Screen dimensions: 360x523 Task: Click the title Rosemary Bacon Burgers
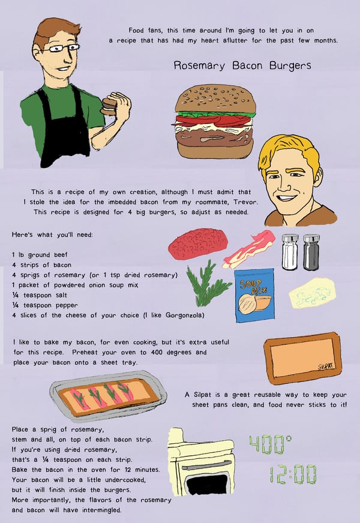[242, 65]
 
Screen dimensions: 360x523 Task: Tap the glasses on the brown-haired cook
[61, 49]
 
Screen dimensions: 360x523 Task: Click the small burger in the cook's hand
[109, 106]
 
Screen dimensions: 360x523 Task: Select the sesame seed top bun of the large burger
[215, 99]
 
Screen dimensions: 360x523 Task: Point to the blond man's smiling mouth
[286, 197]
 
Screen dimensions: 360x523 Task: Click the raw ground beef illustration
[198, 244]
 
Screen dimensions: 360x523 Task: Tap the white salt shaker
[290, 252]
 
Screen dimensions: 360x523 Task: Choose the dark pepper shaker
[311, 252]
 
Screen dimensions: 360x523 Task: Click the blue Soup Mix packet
[254, 296]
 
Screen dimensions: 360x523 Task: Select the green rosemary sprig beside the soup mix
[208, 284]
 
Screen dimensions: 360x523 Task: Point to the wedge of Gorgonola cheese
[312, 293]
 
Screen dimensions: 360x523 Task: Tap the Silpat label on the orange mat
[326, 366]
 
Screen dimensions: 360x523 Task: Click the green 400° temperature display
[270, 444]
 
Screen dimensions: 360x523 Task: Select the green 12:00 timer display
[293, 474]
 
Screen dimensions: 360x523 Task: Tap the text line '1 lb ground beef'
[40, 255]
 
